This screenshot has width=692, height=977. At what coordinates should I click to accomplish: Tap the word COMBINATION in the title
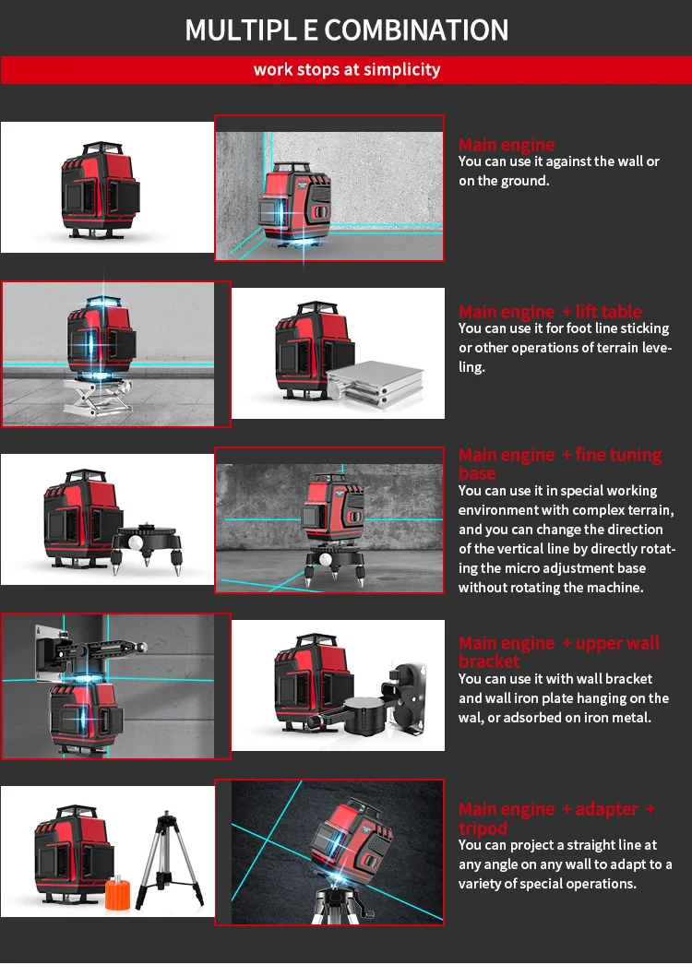pyautogui.click(x=416, y=30)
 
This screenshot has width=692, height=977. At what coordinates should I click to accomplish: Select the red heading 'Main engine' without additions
pyautogui.click(x=507, y=145)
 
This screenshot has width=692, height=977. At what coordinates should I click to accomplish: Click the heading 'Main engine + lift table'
pyautogui.click(x=550, y=312)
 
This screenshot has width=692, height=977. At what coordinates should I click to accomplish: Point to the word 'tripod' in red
pyautogui.click(x=483, y=828)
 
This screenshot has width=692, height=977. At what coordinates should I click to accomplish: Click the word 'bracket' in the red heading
pyautogui.click(x=489, y=661)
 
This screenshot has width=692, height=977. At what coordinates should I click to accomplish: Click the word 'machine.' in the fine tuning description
pyautogui.click(x=618, y=588)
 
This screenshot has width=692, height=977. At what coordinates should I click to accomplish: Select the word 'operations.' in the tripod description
pyautogui.click(x=603, y=884)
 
